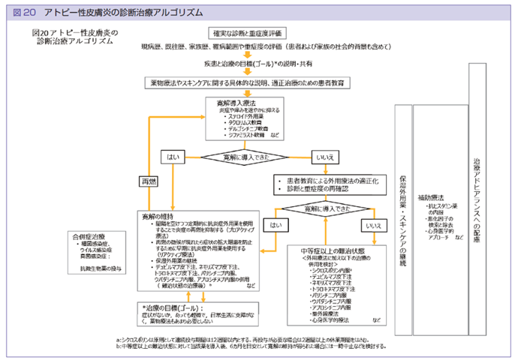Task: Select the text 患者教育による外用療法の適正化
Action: (x=327, y=181)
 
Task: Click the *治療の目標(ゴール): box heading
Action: (x=174, y=307)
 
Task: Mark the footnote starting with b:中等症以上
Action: (x=247, y=346)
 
